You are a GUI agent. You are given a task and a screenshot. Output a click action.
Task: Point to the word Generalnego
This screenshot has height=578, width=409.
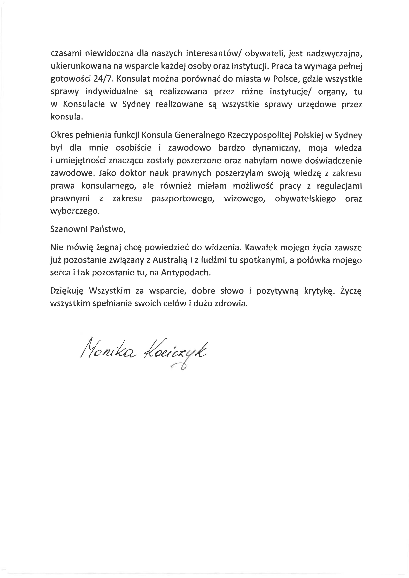pyautogui.click(x=199, y=135)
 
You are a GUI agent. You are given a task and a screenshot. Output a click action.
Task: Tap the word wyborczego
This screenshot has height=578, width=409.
pyautogui.click(x=75, y=211)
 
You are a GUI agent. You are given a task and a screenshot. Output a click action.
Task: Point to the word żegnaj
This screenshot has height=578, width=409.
pyautogui.click(x=109, y=248)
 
